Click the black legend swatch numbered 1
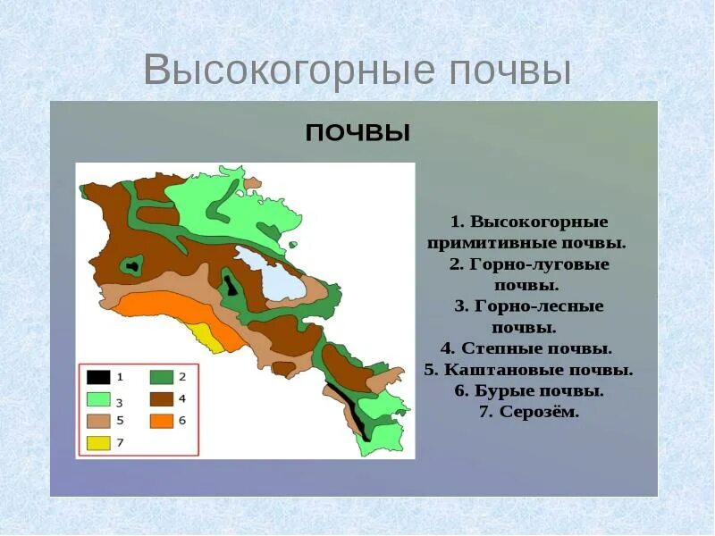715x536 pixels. click(98, 377)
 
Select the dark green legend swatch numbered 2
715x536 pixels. click(162, 377)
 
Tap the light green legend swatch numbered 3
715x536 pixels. click(98, 399)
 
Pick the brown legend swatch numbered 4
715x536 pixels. click(162, 399)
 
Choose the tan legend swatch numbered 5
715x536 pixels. click(98, 421)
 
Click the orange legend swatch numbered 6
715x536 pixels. click(162, 421)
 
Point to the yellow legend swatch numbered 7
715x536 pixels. click(98, 443)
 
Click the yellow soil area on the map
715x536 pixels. click(206, 339)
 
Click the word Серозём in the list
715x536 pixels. click(539, 412)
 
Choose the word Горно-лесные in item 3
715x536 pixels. click(539, 306)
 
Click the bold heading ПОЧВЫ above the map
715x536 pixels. click(358, 133)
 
